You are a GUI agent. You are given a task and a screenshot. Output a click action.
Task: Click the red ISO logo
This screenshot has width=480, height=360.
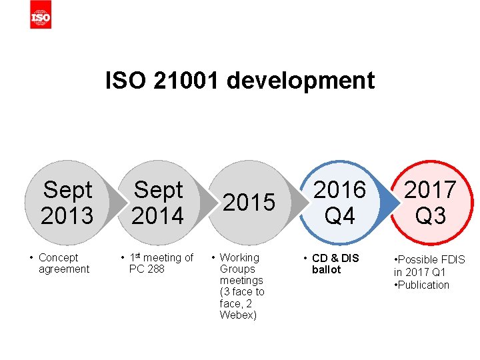pyautogui.click(x=40, y=15)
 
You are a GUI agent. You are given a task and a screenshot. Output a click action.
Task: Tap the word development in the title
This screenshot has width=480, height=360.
pyautogui.click(x=301, y=81)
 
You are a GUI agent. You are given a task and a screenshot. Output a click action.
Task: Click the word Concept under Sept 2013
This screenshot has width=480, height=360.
pyautogui.click(x=59, y=257)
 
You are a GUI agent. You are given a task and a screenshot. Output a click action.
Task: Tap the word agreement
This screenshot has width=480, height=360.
pyautogui.click(x=64, y=269)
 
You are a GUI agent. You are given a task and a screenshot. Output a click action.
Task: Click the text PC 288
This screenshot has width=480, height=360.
pyautogui.click(x=147, y=269)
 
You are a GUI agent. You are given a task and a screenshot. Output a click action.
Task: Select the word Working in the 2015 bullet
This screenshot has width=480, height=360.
pyautogui.click(x=239, y=257)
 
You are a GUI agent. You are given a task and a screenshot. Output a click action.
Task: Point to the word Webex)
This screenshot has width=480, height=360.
pyautogui.click(x=238, y=315)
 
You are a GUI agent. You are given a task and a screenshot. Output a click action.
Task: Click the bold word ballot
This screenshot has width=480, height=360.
pyautogui.click(x=326, y=269)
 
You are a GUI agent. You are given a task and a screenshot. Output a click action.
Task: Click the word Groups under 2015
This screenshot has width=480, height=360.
pyautogui.click(x=237, y=269)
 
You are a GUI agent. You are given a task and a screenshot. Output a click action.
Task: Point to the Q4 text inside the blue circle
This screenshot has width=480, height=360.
pyautogui.click(x=340, y=215)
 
